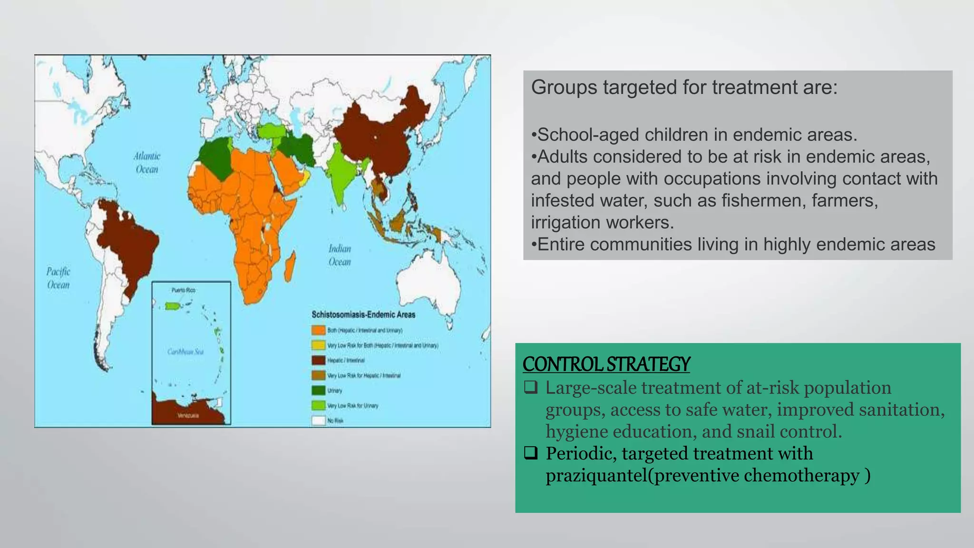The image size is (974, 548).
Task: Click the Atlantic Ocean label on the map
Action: point(146,163)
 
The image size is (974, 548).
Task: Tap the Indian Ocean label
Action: point(340,255)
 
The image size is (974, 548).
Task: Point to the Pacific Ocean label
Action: point(58,278)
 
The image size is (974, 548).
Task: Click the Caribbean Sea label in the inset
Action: point(185,352)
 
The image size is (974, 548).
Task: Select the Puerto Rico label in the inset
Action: point(184,290)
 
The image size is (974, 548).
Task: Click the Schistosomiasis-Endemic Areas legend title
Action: point(363,314)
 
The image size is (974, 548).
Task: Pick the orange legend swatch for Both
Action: point(318,330)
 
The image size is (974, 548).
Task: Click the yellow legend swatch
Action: point(318,345)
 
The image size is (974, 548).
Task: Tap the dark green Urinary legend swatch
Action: point(318,391)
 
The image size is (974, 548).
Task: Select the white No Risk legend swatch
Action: point(318,421)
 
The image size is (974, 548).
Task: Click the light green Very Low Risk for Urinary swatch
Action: point(318,406)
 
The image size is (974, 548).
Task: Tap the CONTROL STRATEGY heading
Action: point(606,364)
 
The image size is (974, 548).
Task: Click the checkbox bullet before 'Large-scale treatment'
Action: point(531,388)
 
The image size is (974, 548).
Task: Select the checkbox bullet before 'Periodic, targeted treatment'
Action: point(531,453)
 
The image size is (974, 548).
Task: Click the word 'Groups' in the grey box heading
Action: point(564,88)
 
